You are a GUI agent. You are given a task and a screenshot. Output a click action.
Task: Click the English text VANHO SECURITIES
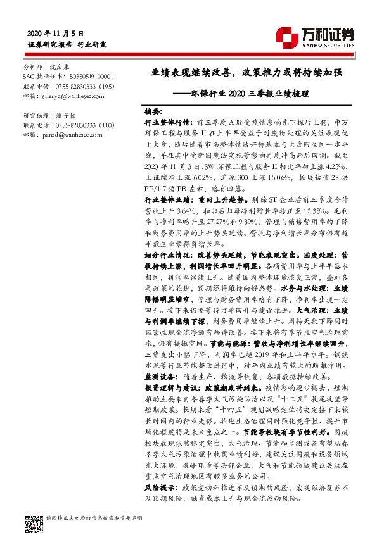(x=331, y=46)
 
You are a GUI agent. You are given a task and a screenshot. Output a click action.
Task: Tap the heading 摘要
(x=153, y=110)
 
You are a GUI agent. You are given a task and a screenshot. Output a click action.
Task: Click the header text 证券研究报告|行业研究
(x=66, y=44)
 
